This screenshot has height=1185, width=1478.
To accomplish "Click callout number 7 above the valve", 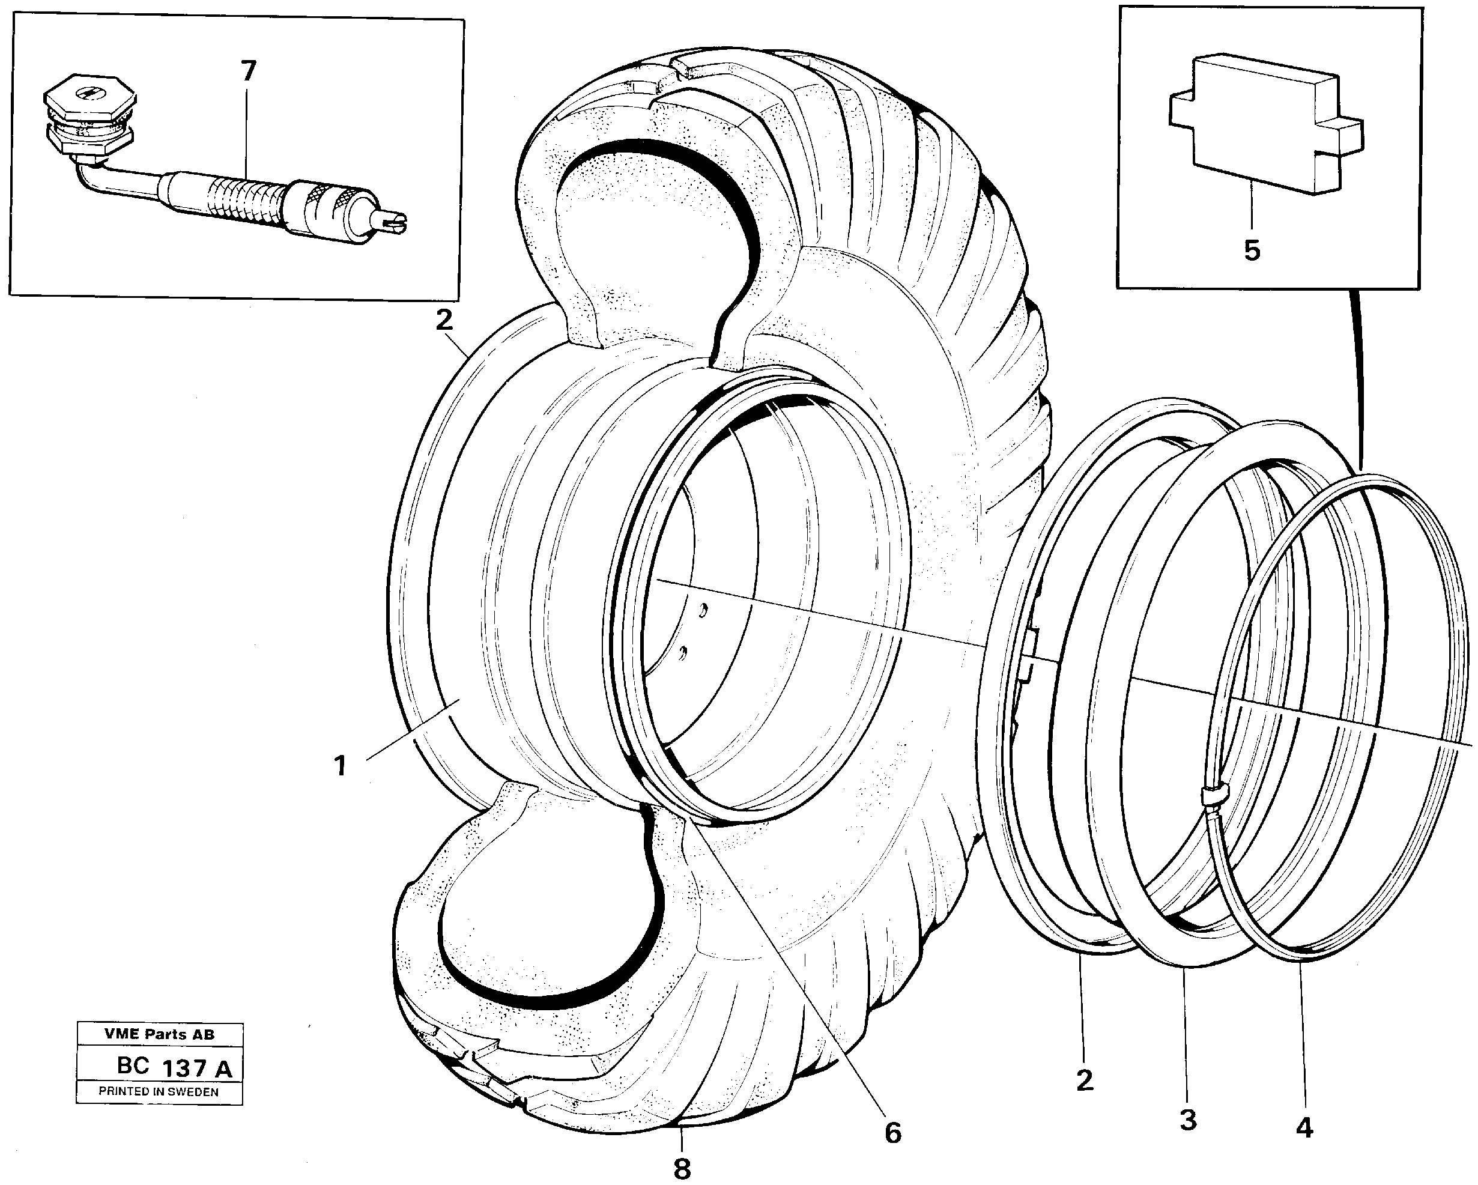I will tap(248, 71).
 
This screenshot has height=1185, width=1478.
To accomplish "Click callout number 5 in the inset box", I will tap(1252, 250).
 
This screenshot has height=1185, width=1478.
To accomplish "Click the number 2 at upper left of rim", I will tap(444, 320).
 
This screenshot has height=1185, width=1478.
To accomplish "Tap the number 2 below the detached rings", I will tap(1084, 1080).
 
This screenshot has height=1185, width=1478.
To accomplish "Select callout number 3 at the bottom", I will tap(1188, 1120).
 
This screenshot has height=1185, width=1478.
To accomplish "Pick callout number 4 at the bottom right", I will tap(1304, 1128).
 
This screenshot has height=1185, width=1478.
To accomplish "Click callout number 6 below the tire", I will tap(892, 1133).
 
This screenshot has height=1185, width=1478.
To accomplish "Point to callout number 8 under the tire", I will tap(682, 1169).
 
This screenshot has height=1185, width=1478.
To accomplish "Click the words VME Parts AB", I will tap(159, 1034).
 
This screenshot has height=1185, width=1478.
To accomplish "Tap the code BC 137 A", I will tap(174, 1068).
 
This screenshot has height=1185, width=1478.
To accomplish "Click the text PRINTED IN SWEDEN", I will tap(159, 1092).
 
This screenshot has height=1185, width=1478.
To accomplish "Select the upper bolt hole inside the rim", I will tap(703, 608).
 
